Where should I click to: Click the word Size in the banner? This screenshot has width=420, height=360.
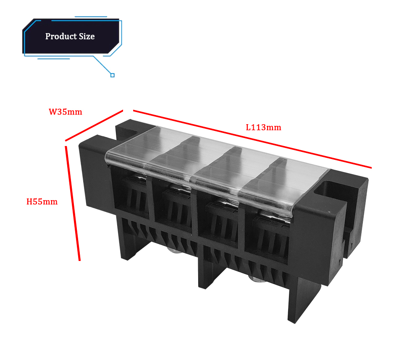[87, 37]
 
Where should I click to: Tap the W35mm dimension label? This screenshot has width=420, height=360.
[66, 112]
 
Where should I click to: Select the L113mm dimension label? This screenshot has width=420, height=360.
[264, 128]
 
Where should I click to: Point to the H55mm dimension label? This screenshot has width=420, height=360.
[42, 201]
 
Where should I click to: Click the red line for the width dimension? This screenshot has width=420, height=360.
[94, 125]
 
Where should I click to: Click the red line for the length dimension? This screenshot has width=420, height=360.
[252, 139]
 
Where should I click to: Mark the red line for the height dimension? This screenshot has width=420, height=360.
[72, 203]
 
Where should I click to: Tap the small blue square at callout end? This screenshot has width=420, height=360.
[113, 75]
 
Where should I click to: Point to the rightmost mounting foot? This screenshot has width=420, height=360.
[304, 300]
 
